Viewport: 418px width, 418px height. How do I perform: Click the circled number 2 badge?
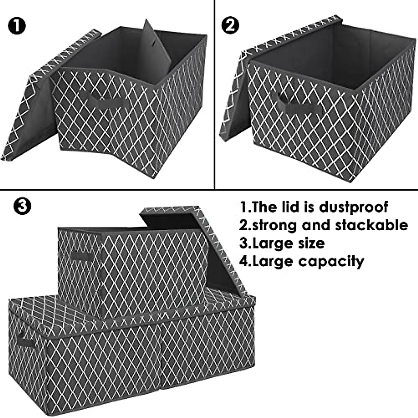[230, 26]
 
